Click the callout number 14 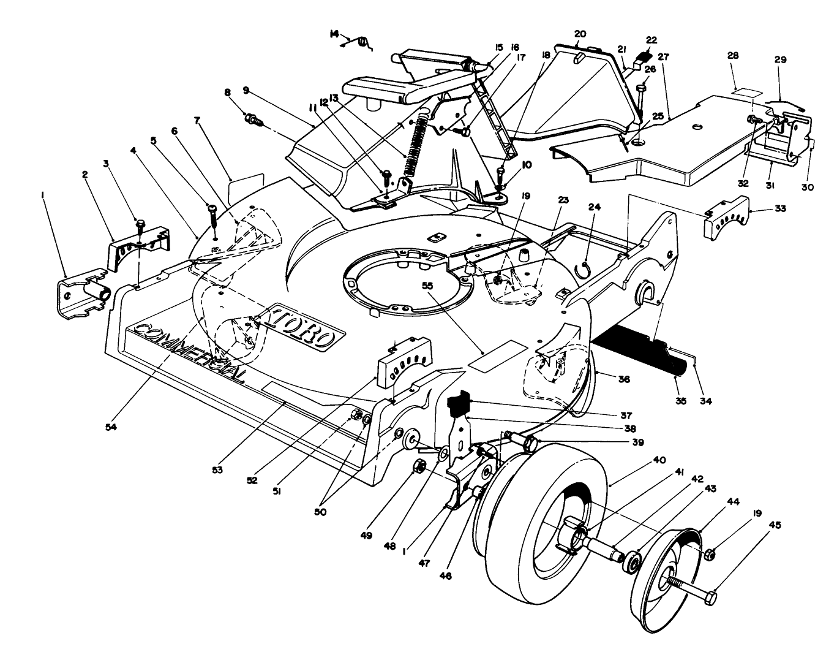click(334, 34)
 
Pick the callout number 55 click(427, 286)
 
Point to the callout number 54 click(111, 427)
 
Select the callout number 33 click(780, 209)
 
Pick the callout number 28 click(733, 56)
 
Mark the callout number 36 click(624, 379)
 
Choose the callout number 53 click(217, 470)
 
